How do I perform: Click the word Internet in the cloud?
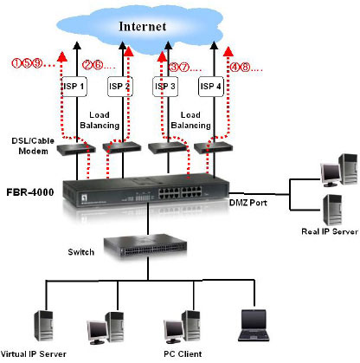coord(143,27)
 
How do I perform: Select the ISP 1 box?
coord(74,87)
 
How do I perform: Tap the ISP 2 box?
coord(119,87)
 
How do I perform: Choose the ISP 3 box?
coord(165,87)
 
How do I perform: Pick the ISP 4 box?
coord(211,87)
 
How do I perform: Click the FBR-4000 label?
coord(30,192)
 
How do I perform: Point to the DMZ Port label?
coord(248,203)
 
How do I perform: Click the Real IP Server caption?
coord(330,231)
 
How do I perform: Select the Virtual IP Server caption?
coord(34,354)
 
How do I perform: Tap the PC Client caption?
coord(183,354)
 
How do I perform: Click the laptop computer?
coord(254,326)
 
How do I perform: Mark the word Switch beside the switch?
coord(81,252)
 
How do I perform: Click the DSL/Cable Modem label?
coord(33,146)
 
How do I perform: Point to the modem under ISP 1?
coord(76,148)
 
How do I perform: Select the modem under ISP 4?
coord(213,148)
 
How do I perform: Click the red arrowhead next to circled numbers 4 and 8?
coord(228,51)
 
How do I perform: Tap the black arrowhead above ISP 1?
coord(77,45)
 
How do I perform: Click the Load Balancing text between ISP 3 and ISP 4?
coord(190,120)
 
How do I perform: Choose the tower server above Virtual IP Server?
coord(44,326)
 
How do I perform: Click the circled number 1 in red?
coord(16,63)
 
